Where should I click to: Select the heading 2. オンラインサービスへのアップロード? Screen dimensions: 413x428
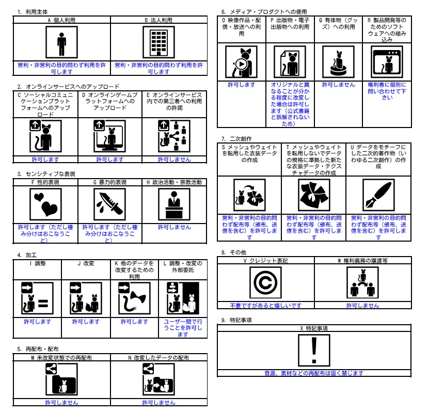point(68,86)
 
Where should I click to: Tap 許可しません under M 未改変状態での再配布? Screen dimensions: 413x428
point(61,402)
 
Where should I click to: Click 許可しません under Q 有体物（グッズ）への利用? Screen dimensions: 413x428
point(338,84)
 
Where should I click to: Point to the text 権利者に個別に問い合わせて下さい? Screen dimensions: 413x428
point(387,91)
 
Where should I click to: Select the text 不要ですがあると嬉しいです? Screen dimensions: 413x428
point(266,306)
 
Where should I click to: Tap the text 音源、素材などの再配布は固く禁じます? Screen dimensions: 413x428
point(314,372)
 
